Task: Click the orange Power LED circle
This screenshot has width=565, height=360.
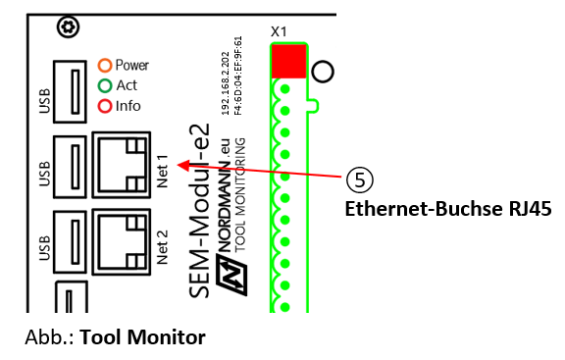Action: (105, 66)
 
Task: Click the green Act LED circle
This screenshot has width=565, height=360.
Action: (105, 85)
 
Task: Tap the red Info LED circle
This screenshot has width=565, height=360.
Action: (105, 105)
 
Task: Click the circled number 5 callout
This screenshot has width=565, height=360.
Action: (360, 180)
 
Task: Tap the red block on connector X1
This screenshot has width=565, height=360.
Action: (287, 61)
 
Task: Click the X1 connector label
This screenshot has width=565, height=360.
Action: (279, 30)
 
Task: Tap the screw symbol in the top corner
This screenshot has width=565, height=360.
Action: (68, 26)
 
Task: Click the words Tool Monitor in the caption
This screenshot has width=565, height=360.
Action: (142, 337)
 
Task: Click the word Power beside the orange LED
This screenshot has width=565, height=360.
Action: (132, 66)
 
